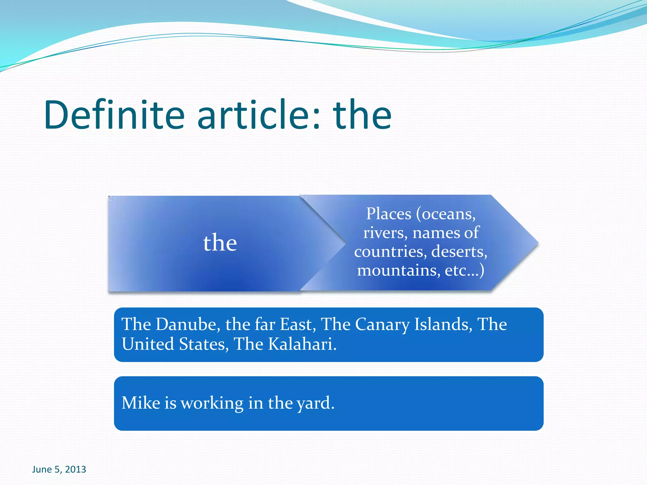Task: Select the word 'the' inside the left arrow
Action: point(220,243)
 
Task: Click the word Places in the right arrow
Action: point(389,214)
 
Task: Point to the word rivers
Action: point(384,233)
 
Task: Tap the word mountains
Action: point(398,271)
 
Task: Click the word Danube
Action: point(186,324)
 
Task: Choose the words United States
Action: point(175,344)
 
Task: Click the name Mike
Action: point(136,403)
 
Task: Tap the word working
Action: point(212,403)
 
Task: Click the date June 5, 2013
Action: point(59,469)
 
